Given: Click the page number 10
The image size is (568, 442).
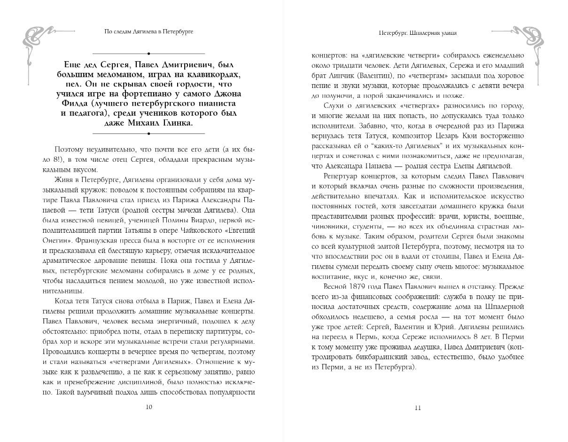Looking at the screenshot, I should pyautogui.click(x=149, y=407).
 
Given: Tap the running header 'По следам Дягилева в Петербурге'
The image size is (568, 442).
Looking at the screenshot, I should pyautogui.click(x=149, y=32).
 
